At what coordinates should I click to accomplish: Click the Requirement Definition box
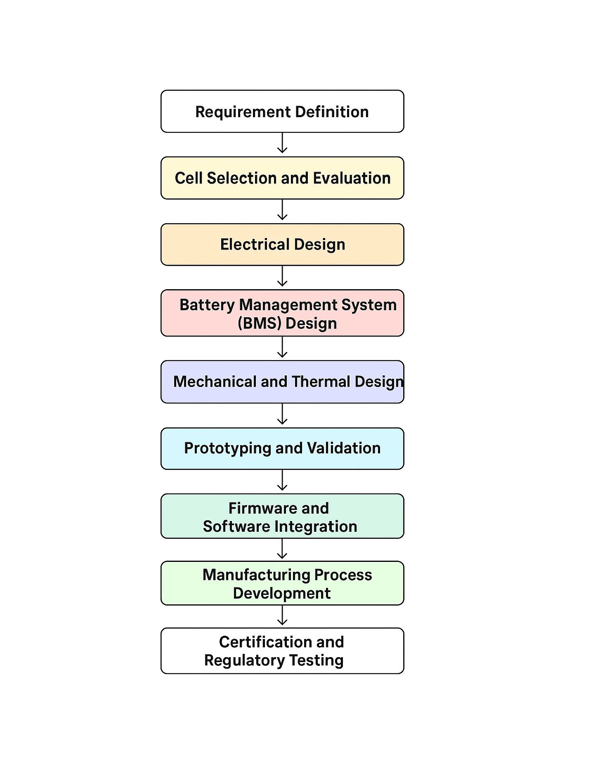coord(282,111)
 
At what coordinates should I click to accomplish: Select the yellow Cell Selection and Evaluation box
coord(282,178)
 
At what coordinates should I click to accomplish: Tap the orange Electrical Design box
coord(282,245)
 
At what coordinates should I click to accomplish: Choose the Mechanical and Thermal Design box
coord(282,382)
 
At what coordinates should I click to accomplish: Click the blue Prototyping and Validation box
coord(282,448)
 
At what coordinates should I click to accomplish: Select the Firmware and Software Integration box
coord(282,517)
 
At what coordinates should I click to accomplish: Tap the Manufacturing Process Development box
coord(282,583)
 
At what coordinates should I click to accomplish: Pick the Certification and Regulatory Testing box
coord(282,651)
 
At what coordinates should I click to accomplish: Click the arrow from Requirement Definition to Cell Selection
coord(282,144)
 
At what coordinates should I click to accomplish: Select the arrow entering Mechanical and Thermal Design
coord(282,348)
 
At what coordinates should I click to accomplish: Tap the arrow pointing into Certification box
coord(282,616)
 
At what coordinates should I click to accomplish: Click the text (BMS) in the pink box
coord(260,323)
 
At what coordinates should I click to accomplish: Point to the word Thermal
coord(321,382)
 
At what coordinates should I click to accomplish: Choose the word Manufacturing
coord(256,575)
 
